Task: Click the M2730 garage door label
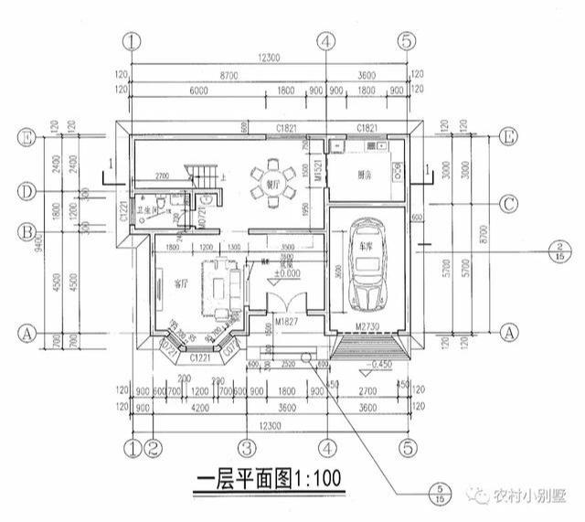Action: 364,326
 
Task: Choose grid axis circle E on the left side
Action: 27,137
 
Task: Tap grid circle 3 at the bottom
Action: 245,448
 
